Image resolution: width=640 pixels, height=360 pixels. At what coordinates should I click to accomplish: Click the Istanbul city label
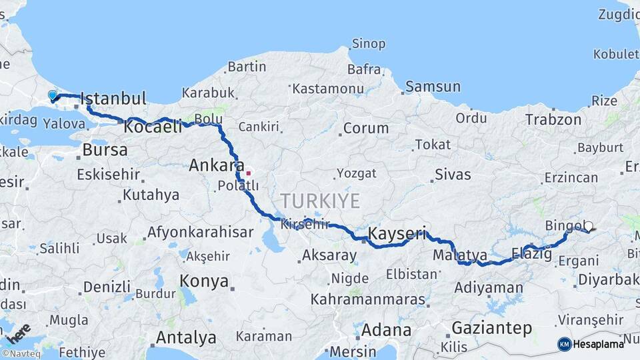tap(113, 99)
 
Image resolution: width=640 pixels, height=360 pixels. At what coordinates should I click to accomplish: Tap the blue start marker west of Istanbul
tap(53, 96)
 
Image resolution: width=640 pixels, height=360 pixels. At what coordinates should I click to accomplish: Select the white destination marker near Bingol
tap(589, 227)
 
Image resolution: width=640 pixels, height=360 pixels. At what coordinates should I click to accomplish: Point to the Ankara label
tap(215, 165)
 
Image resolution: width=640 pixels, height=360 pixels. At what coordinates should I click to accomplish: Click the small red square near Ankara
tap(249, 173)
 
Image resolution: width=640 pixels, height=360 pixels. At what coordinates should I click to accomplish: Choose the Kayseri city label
tap(397, 233)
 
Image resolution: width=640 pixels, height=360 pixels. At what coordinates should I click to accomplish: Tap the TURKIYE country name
tap(320, 201)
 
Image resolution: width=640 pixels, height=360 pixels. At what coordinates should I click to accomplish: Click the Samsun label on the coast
tap(433, 86)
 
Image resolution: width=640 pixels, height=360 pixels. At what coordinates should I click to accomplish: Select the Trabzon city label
tap(553, 119)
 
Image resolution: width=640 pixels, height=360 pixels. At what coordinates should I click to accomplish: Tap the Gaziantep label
tap(492, 327)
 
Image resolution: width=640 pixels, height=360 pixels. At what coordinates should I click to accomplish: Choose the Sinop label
tap(369, 44)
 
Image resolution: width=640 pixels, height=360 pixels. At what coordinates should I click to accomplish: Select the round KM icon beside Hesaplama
tap(565, 344)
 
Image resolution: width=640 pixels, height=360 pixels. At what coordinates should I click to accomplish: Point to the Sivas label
tap(453, 175)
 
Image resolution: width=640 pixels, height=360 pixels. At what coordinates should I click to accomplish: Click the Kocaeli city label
tap(153, 127)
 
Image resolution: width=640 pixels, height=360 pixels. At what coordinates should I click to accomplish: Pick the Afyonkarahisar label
tap(201, 232)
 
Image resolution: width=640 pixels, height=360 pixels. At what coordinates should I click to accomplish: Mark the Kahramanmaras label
tap(368, 299)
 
